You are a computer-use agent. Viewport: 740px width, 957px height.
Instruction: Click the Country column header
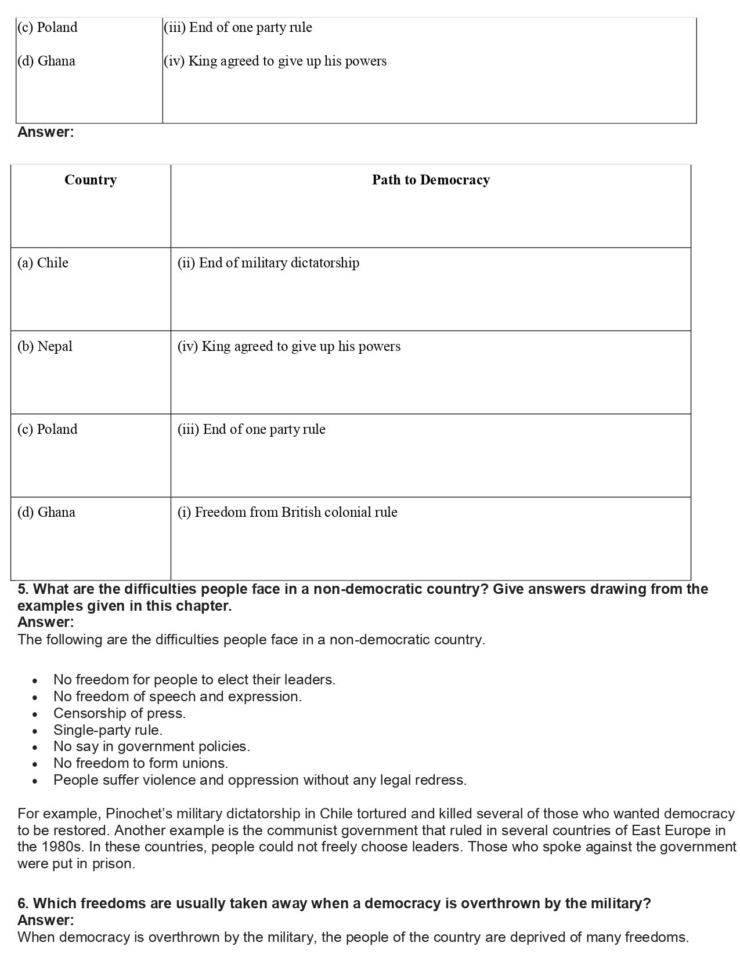click(91, 180)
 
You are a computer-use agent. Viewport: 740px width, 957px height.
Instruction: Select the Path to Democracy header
click(431, 180)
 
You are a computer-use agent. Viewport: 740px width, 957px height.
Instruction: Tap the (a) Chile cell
click(43, 263)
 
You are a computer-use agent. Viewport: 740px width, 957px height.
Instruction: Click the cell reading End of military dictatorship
click(268, 263)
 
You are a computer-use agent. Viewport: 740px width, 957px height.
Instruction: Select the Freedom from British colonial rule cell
click(287, 513)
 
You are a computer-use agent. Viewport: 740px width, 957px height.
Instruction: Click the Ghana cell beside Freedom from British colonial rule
click(46, 513)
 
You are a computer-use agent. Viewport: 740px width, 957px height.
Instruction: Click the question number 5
click(23, 589)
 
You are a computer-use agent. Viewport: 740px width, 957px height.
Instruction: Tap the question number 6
click(23, 904)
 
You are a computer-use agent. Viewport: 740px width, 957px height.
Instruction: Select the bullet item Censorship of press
click(120, 713)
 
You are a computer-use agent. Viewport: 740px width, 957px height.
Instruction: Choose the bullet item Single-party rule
click(108, 730)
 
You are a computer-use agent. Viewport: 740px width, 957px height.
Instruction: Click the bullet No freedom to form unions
click(141, 763)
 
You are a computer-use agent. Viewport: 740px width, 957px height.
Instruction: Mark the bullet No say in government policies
click(151, 746)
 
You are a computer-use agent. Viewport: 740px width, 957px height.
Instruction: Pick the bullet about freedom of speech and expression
click(178, 697)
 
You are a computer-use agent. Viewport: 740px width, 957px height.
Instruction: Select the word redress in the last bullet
click(444, 780)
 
